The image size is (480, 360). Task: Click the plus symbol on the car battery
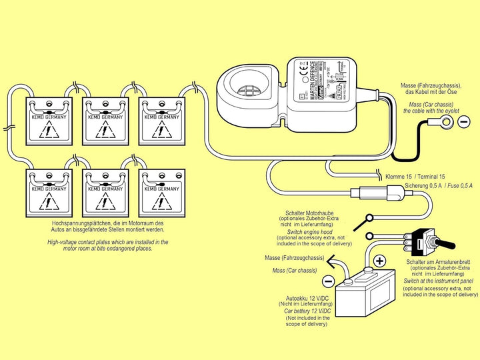(378, 261)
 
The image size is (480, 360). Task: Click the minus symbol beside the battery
(328, 281)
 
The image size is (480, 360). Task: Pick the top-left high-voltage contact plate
(50, 121)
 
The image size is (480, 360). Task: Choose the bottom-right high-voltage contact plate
(161, 193)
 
